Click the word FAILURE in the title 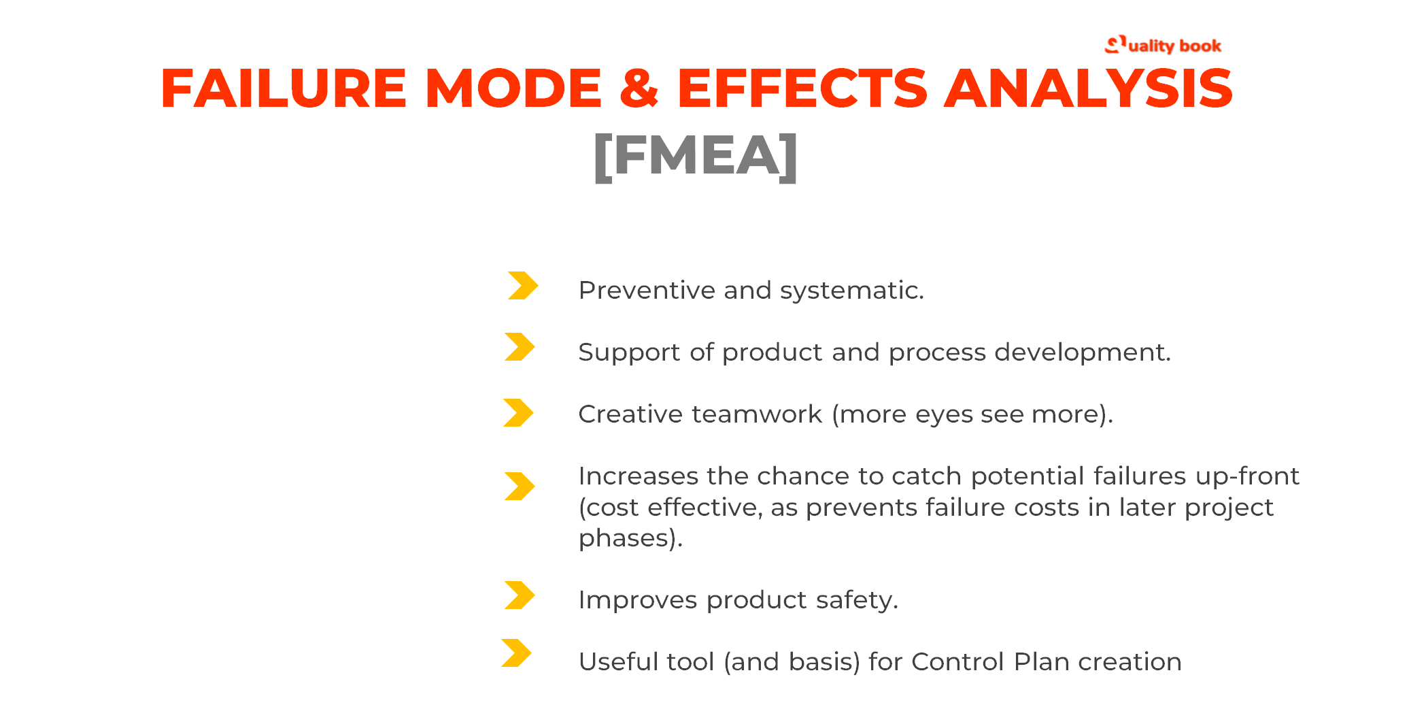pyautogui.click(x=283, y=88)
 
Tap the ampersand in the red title pyautogui.click(x=639, y=88)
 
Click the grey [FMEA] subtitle pyautogui.click(x=696, y=157)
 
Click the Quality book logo pyautogui.click(x=1163, y=46)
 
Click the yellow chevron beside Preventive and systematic pyautogui.click(x=522, y=286)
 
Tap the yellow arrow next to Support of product pyautogui.click(x=520, y=347)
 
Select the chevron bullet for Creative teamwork pyautogui.click(x=518, y=413)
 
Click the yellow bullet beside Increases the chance pyautogui.click(x=520, y=487)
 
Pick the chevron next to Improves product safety pyautogui.click(x=520, y=595)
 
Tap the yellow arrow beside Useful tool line pyautogui.click(x=516, y=653)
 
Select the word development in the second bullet pyautogui.click(x=1081, y=352)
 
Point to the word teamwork pyautogui.click(x=757, y=414)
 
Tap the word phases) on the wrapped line pyautogui.click(x=630, y=538)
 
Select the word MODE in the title pyautogui.click(x=513, y=88)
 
